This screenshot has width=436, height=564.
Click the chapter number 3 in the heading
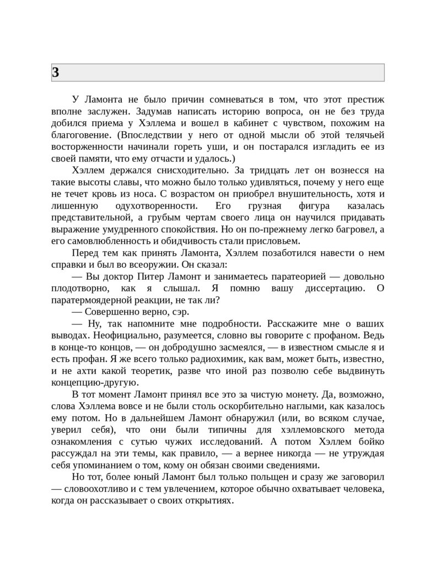56,72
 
